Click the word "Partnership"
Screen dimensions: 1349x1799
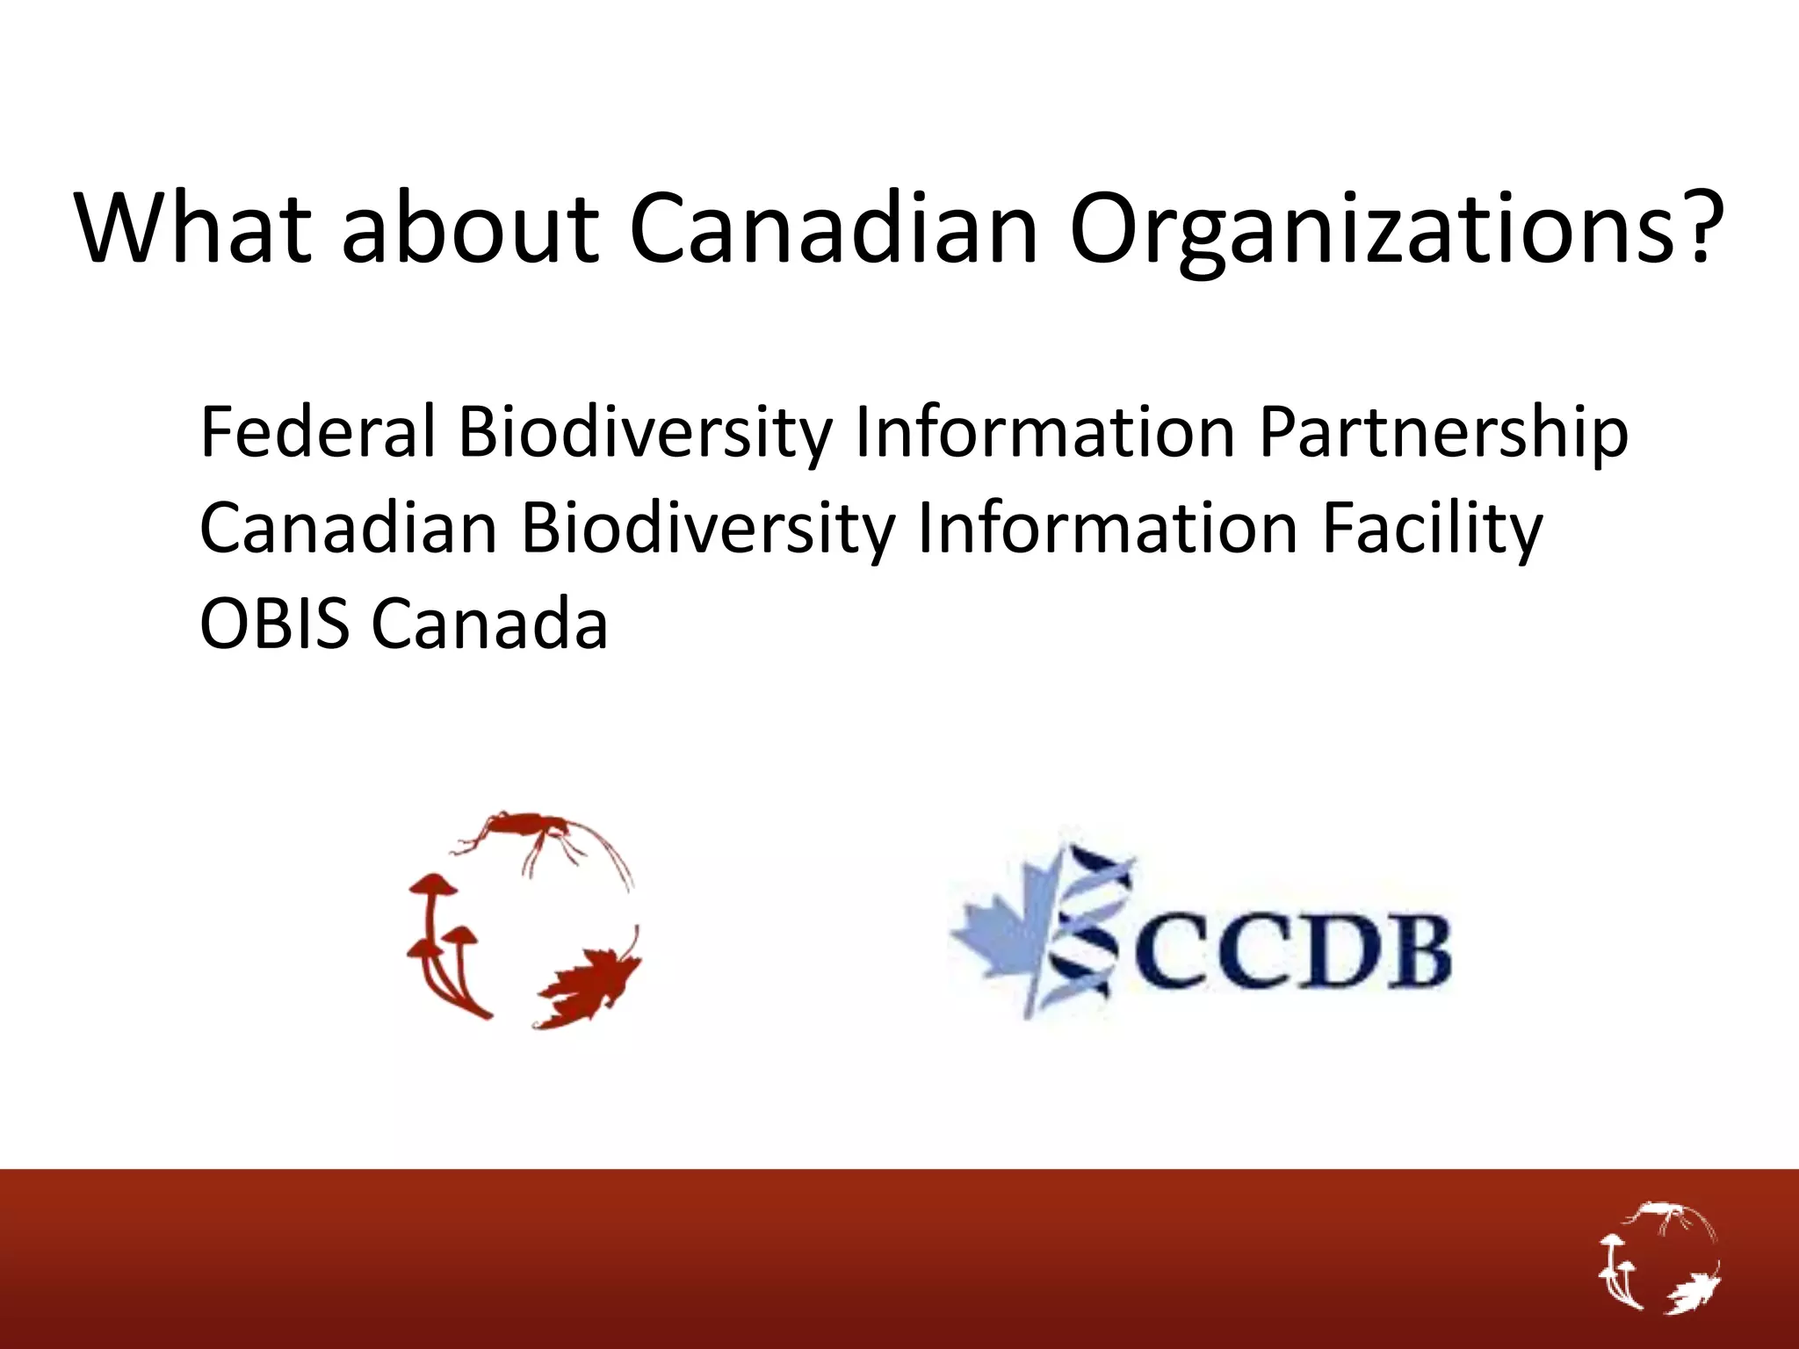(1443, 433)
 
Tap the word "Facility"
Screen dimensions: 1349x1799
(1432, 530)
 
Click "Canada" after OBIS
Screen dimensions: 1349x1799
(489, 624)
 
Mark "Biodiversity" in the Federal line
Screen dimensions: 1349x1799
(645, 433)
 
